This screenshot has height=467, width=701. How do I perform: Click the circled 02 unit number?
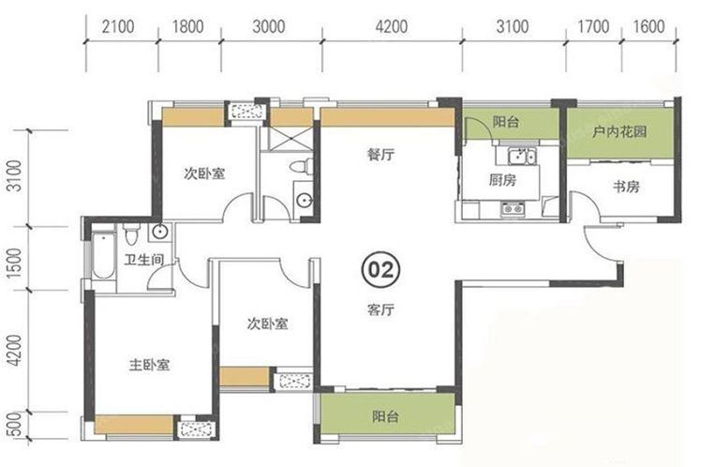380,269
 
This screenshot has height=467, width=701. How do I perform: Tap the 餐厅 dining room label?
380,155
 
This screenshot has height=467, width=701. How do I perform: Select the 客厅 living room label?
380,309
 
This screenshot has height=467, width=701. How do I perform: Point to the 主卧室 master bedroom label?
149,365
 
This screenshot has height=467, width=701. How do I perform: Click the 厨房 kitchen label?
502,180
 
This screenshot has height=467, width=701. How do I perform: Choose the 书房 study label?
626,186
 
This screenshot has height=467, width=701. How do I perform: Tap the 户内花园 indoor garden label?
619,131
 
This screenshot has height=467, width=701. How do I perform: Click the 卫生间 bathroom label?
144,260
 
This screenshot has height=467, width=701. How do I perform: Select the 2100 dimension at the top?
118,27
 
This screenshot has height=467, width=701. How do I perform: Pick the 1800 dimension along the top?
188,27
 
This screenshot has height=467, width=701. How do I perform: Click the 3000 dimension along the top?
269,27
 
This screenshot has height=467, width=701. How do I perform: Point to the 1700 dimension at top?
593,27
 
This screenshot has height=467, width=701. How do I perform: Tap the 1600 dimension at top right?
649,27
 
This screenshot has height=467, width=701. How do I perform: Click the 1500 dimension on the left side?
15,263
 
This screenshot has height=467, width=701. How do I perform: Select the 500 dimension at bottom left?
15,424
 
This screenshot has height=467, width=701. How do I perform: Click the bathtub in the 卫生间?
103,255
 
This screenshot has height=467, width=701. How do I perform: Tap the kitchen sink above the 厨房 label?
521,157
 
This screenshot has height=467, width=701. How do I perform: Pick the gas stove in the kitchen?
513,209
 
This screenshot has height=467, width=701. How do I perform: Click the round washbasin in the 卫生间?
159,232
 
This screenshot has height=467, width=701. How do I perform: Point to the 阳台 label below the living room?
385,417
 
